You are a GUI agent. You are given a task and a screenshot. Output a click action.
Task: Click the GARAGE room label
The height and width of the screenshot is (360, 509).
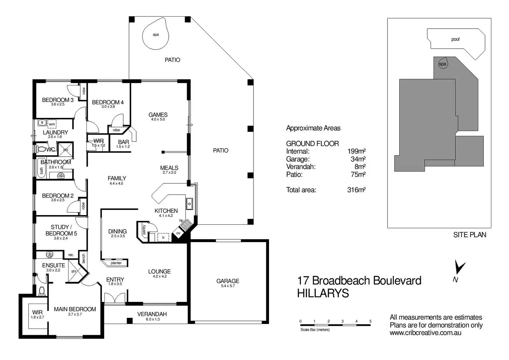[x=228, y=281]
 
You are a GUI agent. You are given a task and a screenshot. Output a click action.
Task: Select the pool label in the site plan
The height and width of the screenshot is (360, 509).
[x=455, y=39]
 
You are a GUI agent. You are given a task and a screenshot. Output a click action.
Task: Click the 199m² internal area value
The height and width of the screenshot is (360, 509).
[x=357, y=151]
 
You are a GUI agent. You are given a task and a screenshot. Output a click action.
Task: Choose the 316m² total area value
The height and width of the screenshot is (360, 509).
[x=357, y=190]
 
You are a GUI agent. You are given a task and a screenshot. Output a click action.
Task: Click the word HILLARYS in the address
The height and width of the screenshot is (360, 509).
[x=323, y=293]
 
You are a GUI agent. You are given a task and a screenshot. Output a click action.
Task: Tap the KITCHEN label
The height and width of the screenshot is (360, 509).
[x=166, y=211]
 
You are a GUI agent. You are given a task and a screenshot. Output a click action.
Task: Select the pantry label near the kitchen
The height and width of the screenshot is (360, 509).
[x=144, y=229]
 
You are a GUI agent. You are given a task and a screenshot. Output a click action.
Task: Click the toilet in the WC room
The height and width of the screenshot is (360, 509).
[x=41, y=149]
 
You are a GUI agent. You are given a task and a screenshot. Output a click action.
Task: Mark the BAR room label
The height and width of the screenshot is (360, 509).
[x=123, y=142]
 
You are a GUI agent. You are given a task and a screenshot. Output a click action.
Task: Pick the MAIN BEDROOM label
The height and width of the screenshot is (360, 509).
[x=75, y=309]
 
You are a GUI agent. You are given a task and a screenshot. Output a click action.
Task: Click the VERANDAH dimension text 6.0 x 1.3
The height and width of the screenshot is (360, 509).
[x=152, y=319]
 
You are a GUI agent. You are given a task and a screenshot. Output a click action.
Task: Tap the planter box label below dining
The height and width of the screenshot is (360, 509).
[x=116, y=263]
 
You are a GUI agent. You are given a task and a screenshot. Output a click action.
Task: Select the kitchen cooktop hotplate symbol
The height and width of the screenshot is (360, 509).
[x=186, y=225]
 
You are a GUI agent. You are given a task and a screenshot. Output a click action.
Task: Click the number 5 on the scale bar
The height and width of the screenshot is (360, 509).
[x=370, y=321]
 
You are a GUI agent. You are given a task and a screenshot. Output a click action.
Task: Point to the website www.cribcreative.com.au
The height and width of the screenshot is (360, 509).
[x=425, y=333]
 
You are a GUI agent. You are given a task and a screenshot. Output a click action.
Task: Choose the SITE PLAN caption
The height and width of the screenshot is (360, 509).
[x=470, y=235]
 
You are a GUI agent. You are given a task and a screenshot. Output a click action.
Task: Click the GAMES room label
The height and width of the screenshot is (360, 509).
[x=158, y=115]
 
